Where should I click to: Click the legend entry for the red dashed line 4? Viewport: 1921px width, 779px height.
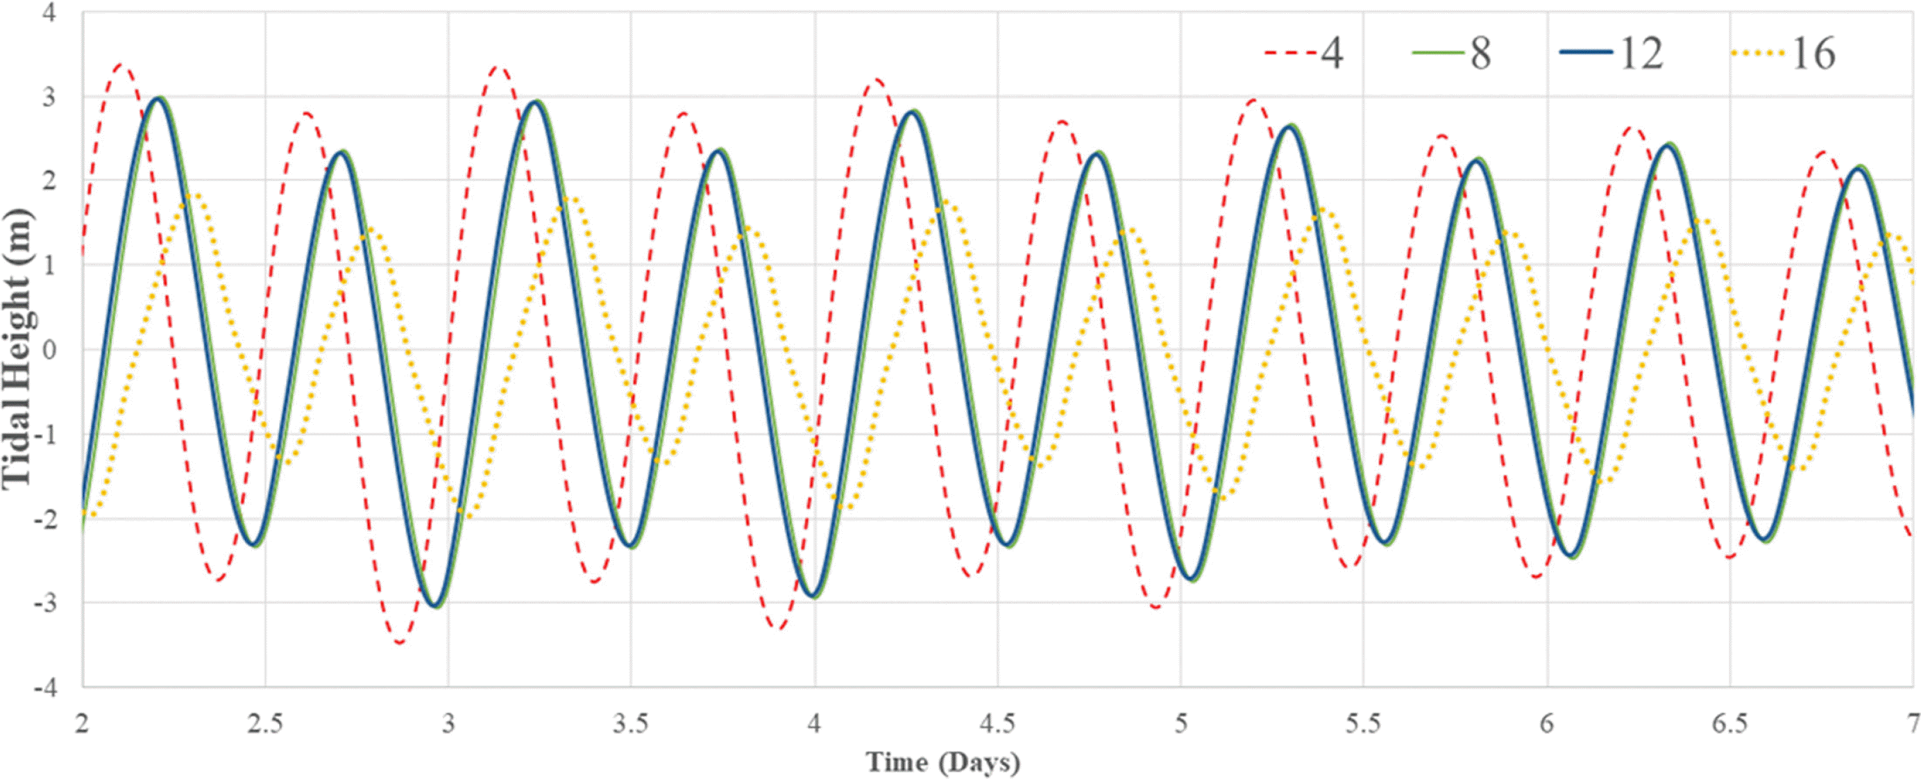(1304, 53)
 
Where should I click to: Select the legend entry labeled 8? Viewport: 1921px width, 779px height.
(1451, 53)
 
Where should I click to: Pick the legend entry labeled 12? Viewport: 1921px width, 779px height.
(1611, 53)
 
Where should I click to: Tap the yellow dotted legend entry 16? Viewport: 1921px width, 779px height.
(1783, 53)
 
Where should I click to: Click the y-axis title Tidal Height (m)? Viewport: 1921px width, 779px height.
(17, 349)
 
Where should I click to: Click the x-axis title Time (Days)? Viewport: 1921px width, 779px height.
(942, 762)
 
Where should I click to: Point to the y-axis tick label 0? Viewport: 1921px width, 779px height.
(49, 350)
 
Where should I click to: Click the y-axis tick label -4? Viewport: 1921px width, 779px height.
(44, 687)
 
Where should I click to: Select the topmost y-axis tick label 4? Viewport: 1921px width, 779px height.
(49, 12)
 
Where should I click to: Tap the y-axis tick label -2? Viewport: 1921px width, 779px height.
(44, 519)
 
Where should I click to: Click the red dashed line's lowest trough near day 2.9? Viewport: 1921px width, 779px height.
(400, 642)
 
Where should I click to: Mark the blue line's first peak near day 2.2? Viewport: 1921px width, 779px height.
(158, 98)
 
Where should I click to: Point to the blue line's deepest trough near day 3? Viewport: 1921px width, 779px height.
(437, 605)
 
